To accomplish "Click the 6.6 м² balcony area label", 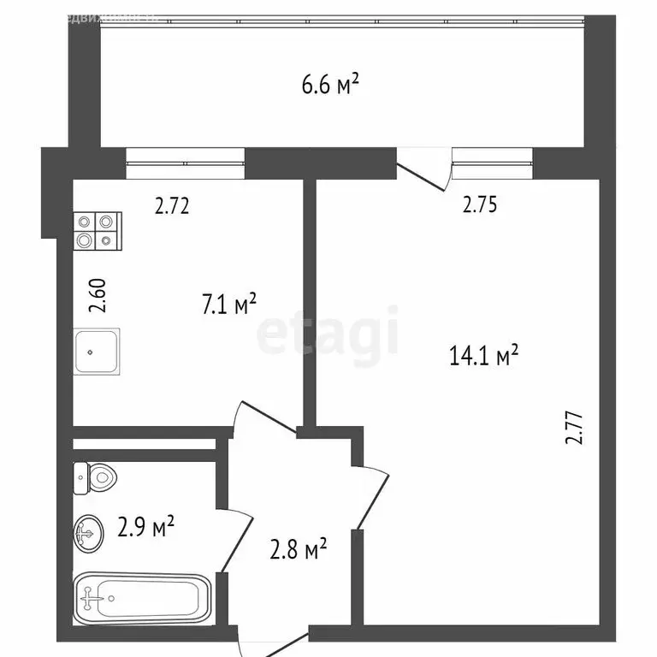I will point(328,85).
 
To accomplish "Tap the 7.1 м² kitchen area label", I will point(229,305).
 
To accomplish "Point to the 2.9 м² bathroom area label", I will point(145,528).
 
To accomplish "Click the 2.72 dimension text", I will point(171,205).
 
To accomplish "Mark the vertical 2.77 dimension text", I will point(574,428).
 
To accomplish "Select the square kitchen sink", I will point(97,351).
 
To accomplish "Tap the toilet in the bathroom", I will point(95,477).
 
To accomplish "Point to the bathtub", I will point(142,599).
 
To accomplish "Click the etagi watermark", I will point(328,334).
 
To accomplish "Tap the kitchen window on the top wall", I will point(185,163).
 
